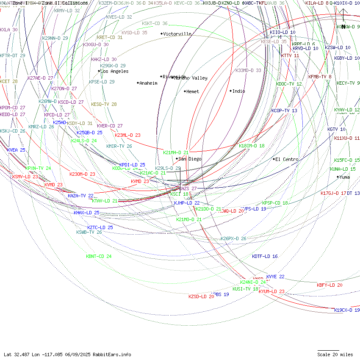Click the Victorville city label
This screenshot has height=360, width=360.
[177, 34]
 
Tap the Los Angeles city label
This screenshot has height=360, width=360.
[114, 71]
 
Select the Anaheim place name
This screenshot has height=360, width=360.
[148, 83]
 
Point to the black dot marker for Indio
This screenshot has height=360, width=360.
[231, 91]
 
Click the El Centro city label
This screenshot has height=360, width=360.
[287, 159]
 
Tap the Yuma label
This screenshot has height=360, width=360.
[344, 177]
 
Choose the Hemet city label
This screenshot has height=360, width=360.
[192, 91]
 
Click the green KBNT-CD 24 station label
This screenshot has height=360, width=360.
[99, 256]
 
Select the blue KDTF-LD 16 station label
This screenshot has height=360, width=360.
[265, 256]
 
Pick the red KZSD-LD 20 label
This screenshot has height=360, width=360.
[201, 296]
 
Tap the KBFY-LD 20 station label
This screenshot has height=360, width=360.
[330, 285]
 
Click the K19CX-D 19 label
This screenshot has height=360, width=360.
[347, 310]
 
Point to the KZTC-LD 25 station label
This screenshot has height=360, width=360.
[100, 227]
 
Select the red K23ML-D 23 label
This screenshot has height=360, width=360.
[127, 135]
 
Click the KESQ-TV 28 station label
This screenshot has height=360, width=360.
[104, 104]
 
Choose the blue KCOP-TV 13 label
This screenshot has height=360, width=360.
[284, 111]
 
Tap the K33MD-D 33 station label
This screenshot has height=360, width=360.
[248, 70]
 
